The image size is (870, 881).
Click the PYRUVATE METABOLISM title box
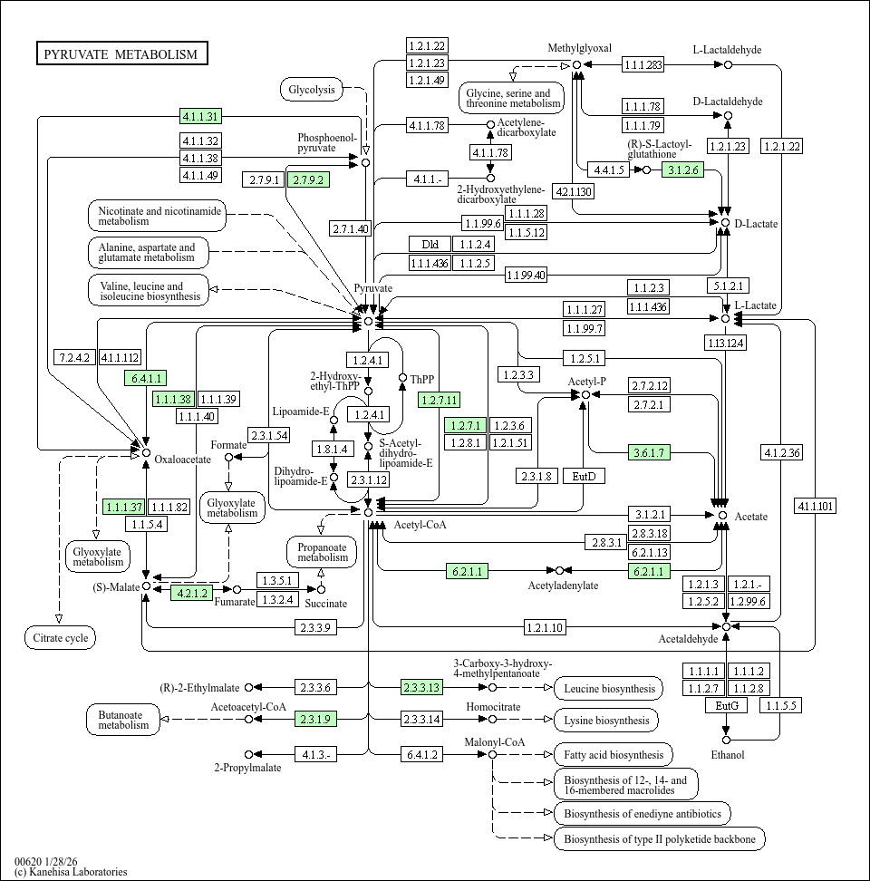coord(121,54)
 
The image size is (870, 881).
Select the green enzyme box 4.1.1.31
coord(200,116)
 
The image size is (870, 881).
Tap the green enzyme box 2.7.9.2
coord(308,179)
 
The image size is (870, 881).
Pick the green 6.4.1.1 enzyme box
coord(145,379)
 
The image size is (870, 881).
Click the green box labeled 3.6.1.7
coord(649,452)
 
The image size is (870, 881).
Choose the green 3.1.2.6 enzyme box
coord(682,169)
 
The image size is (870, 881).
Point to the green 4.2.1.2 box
coord(192,594)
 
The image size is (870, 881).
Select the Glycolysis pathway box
coord(312,89)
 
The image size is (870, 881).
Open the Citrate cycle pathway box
coord(60,638)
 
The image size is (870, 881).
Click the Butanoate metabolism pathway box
coord(123,720)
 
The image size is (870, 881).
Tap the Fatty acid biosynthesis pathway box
coord(613,754)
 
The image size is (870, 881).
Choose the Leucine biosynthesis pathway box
coord(608,689)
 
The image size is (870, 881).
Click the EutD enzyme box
coord(584,476)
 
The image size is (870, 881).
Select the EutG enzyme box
coord(727,705)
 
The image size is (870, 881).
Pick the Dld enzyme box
coord(430,244)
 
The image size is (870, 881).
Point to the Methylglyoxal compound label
coord(580,48)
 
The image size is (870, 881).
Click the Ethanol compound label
coord(727,755)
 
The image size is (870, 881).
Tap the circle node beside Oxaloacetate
coord(145,451)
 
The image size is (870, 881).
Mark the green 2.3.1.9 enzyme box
coord(315,719)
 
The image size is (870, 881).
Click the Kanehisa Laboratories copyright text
coord(71,872)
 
